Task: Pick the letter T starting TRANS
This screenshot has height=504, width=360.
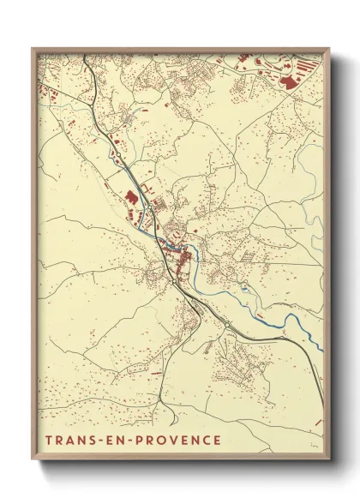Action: (x=50, y=441)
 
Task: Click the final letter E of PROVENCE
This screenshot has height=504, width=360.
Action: (x=218, y=441)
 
